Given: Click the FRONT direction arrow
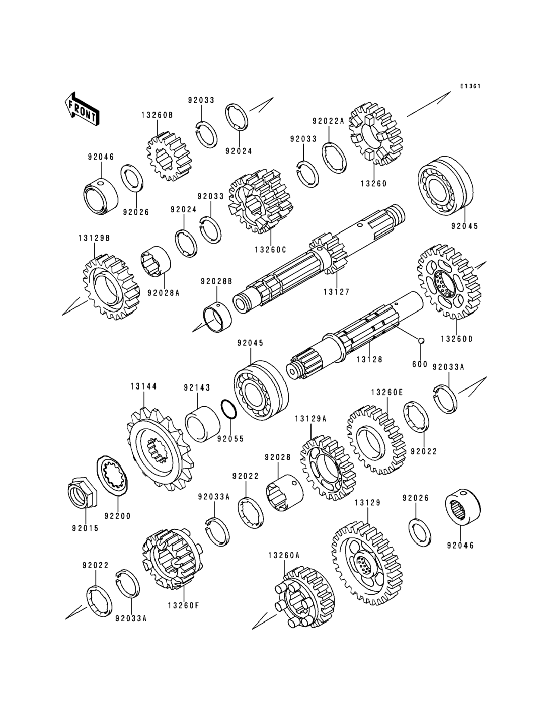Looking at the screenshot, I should coord(82,109).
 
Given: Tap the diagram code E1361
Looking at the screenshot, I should coord(470,86).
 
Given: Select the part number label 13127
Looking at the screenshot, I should coord(337,292).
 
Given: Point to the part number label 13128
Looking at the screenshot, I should coord(369,360).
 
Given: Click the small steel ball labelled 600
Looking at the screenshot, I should coord(421,340).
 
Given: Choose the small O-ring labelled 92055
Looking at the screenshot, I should coord(229,409).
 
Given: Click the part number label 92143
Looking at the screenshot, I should coord(197,387).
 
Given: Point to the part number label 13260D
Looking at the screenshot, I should coord(457,339).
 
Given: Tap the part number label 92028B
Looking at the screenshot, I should coord(216,281).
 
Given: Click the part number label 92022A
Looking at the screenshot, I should coord(328,121).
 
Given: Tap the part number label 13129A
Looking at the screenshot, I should coord(311,419).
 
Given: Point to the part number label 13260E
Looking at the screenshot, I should coord(387,392).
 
